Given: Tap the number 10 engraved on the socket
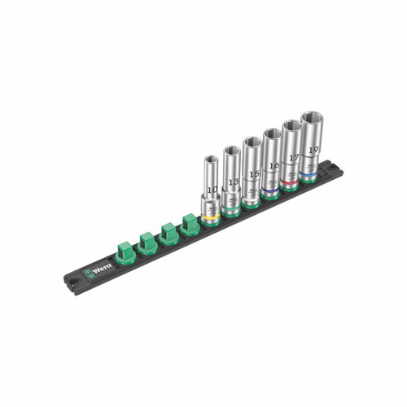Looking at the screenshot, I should click(x=212, y=190).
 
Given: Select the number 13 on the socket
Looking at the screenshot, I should click(x=233, y=181).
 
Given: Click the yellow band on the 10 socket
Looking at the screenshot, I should click(x=210, y=220).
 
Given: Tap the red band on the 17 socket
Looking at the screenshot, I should click(x=290, y=185).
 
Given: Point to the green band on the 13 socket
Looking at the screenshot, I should click(x=230, y=212).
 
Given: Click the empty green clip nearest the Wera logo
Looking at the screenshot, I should click(x=125, y=252).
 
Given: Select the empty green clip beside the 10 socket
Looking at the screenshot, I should click(x=189, y=224).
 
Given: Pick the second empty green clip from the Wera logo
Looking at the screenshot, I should click(x=147, y=243).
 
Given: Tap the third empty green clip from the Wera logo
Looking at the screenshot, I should click(x=168, y=233).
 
